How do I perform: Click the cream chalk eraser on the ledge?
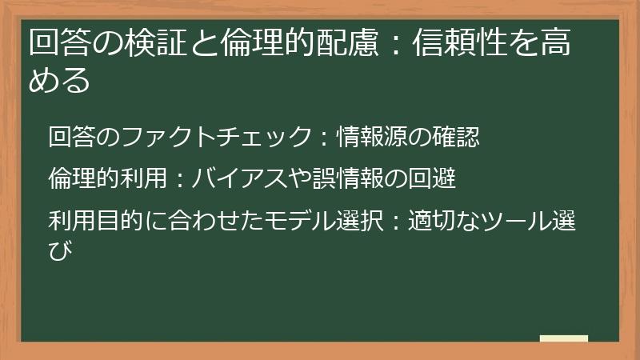[x=563, y=339]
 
